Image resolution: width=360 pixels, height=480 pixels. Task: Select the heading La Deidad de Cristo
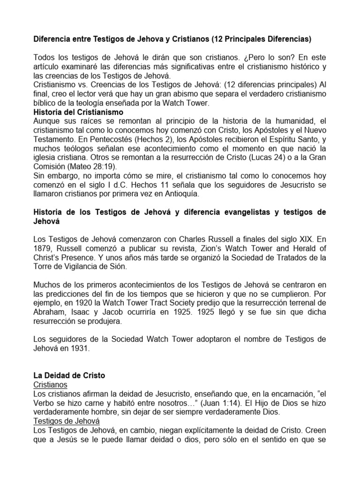click(69, 375)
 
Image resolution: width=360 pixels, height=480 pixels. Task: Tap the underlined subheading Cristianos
click(51, 384)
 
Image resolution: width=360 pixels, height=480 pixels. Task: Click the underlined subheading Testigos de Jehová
click(70, 421)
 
